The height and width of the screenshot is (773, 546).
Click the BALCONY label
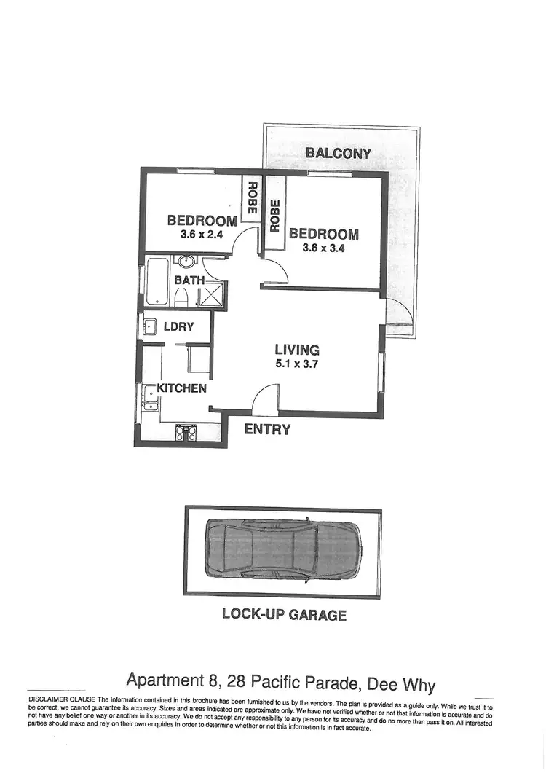[339, 153]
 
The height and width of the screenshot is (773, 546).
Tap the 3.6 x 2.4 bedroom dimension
[201, 235]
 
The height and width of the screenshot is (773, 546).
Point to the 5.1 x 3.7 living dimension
[297, 364]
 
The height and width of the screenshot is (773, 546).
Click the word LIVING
[297, 350]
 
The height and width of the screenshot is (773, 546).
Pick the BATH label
[189, 279]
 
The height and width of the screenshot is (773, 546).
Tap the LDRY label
[179, 326]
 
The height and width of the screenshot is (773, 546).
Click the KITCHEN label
[182, 388]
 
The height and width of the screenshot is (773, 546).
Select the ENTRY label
[267, 429]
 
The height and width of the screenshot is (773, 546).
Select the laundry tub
[150, 326]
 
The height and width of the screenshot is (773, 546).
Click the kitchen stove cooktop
[186, 433]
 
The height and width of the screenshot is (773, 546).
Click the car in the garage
[282, 552]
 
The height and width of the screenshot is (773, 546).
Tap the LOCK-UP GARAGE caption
[284, 614]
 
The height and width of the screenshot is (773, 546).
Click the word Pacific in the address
[275, 682]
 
